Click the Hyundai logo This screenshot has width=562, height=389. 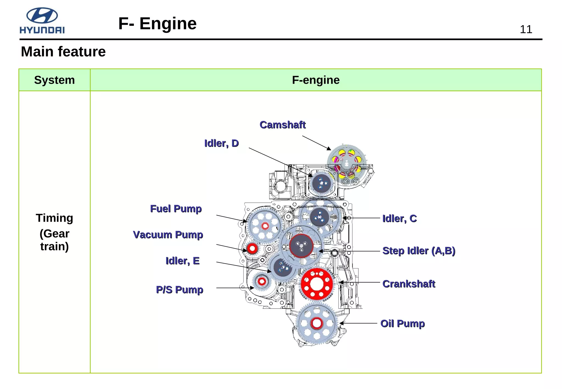coord(42,21)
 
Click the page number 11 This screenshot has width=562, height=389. coord(526,29)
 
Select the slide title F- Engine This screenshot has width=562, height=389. coord(157,23)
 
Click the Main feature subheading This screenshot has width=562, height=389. coord(63,52)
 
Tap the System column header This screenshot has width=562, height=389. coord(54,80)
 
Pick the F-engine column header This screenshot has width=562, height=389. coord(316,80)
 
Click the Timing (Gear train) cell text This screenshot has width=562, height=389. coord(54,232)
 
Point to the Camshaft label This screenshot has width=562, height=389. coord(282,125)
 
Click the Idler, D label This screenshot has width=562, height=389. coord(221,143)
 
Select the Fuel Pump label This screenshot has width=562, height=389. coord(176,209)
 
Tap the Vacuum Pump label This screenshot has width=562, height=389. coord(168,235)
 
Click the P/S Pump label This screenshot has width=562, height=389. coord(179,290)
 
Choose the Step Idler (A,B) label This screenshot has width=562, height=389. coord(419,251)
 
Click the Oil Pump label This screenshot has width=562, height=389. coord(402,323)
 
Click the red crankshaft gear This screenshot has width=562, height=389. coord(317,284)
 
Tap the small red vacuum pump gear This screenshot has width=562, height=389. coord(252,249)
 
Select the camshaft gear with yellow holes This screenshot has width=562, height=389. coord(347,165)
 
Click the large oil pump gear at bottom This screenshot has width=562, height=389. coord(317,324)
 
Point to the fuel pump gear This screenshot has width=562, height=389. coord(265,226)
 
